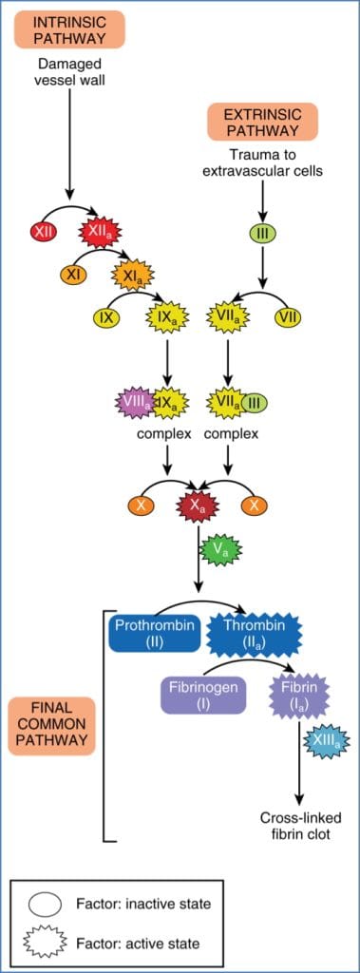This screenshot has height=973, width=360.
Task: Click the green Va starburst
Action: (x=220, y=549)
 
